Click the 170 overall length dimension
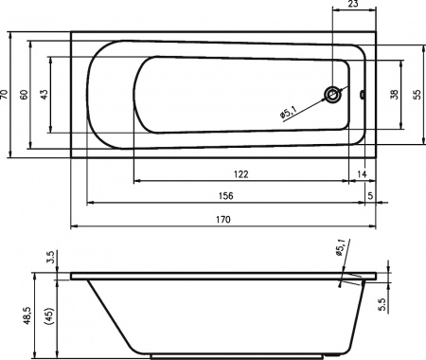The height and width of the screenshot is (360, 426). pyautogui.click(x=223, y=219)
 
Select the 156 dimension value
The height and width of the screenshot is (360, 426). pyautogui.click(x=226, y=196)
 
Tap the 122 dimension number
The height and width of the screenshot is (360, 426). pyautogui.click(x=241, y=174)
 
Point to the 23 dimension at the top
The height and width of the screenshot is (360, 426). pyautogui.click(x=354, y=4)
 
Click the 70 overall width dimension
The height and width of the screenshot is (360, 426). pyautogui.click(x=4, y=95)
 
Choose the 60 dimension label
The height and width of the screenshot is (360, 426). pyautogui.click(x=24, y=95)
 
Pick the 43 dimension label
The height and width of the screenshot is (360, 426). pyautogui.click(x=44, y=95)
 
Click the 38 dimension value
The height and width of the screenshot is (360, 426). pyautogui.click(x=394, y=95)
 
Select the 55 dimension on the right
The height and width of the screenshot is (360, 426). pyautogui.click(x=417, y=95)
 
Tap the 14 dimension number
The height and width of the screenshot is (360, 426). pyautogui.click(x=362, y=174)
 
